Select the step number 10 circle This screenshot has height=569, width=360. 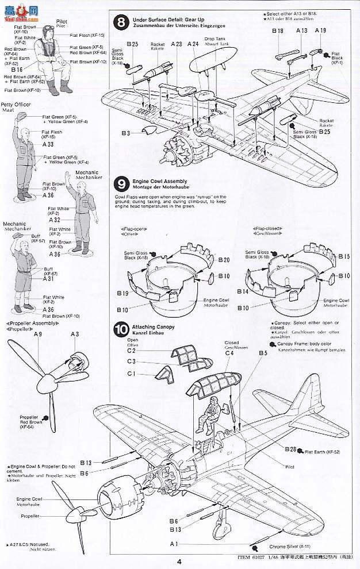121,330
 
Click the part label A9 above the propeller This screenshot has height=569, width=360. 38,334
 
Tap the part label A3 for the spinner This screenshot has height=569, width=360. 74,334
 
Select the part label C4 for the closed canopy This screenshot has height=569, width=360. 229,353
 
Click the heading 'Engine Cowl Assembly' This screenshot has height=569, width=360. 155,181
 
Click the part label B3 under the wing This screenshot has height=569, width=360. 125,133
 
